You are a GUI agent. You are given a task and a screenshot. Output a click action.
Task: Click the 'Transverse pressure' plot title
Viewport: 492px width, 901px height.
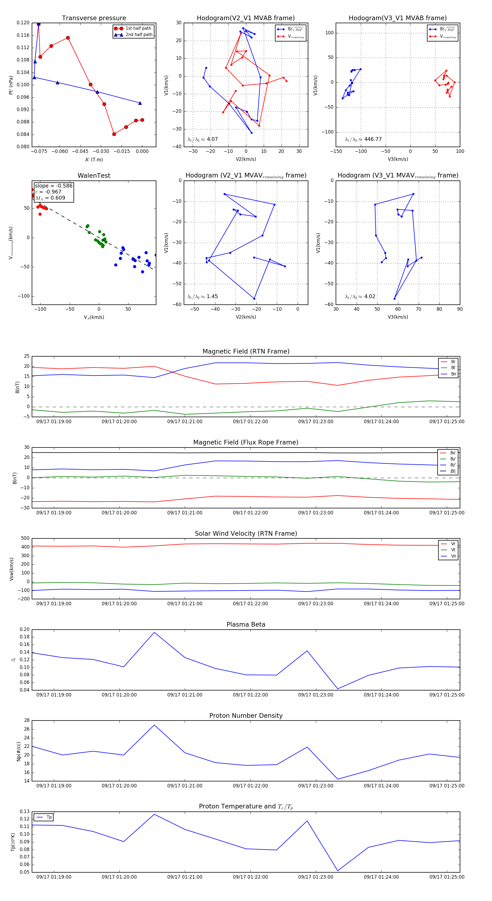(94, 18)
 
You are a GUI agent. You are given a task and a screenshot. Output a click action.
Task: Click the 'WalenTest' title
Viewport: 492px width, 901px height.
(94, 176)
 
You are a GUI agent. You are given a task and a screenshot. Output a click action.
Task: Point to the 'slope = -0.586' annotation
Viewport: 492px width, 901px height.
(54, 186)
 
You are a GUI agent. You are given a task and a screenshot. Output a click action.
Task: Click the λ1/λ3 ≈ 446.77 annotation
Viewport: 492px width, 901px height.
(363, 139)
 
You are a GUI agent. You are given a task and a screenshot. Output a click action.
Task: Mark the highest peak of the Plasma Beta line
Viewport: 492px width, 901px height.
(154, 632)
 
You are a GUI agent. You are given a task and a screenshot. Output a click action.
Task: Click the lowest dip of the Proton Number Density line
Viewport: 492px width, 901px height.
(338, 779)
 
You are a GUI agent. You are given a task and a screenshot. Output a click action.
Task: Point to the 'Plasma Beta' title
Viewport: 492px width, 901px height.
(246, 625)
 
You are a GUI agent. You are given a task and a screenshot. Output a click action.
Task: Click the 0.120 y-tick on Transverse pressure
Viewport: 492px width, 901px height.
(23, 23)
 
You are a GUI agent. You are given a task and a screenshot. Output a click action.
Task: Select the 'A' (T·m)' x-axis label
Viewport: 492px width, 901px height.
(94, 159)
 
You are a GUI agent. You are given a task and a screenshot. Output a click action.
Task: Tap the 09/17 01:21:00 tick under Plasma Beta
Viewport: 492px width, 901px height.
(184, 695)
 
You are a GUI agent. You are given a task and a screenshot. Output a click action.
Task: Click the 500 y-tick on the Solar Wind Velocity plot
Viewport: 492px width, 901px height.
(25, 538)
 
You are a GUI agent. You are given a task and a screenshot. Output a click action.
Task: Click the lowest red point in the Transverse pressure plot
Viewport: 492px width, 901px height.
(114, 134)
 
